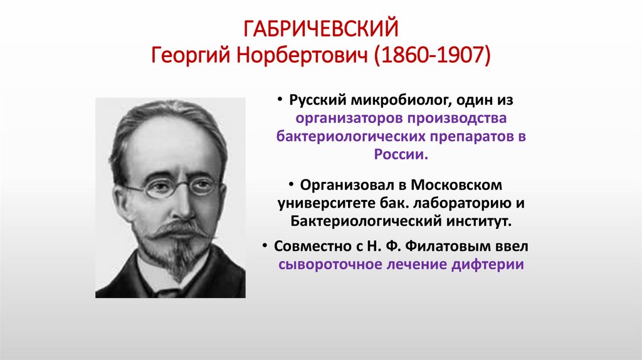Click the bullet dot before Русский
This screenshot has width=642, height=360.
pyautogui.click(x=284, y=101)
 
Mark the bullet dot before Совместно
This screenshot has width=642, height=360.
pyautogui.click(x=266, y=246)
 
